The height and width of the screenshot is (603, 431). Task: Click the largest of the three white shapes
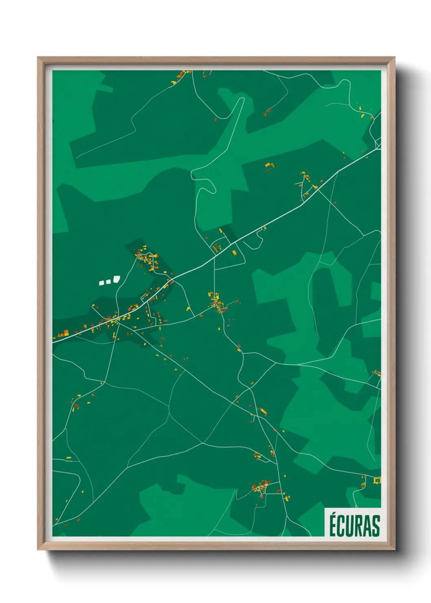click(x=117, y=279)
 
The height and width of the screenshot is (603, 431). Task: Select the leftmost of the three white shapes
click(x=102, y=282)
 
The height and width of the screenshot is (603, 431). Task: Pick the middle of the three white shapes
click(x=108, y=281)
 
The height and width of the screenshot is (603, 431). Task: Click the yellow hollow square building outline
click(x=377, y=481)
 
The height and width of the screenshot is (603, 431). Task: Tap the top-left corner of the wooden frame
click(x=38, y=58)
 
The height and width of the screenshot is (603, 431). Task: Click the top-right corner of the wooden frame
click(x=394, y=58)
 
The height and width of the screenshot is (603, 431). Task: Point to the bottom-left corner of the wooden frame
click(x=38, y=549)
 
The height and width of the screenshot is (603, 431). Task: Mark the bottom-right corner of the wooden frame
click(x=394, y=549)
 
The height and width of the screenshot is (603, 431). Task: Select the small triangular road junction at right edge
click(x=378, y=143)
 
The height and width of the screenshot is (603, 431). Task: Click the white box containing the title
click(x=353, y=522)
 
